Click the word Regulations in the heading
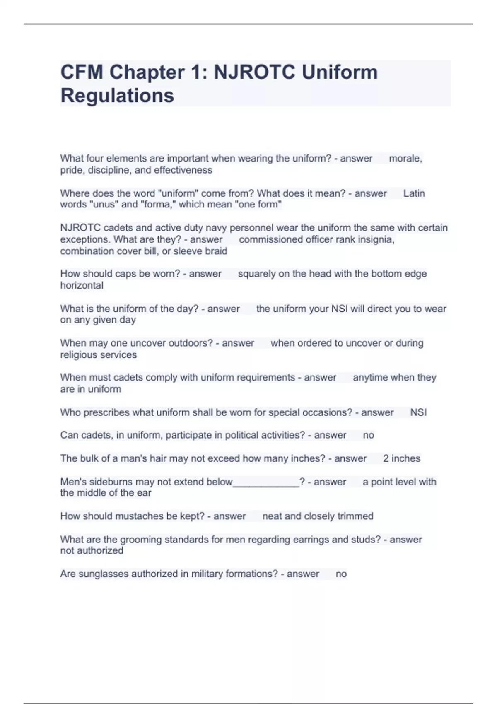coord(117,96)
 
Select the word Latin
coord(414,193)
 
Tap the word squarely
coord(256,274)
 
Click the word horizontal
coord(82,285)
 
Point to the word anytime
coord(369,378)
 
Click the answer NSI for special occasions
coord(418,412)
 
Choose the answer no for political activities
coord(368,435)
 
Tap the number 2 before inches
coord(386,458)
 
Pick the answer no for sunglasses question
coord(341,574)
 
